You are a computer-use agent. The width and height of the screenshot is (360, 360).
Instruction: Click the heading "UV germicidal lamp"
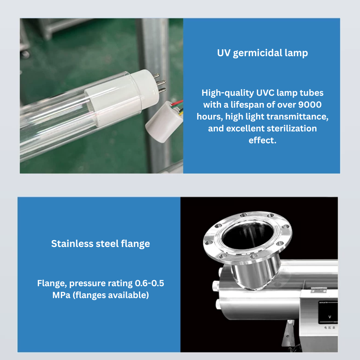[262, 53]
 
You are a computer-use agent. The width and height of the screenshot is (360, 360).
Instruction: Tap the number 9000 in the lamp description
[310, 105]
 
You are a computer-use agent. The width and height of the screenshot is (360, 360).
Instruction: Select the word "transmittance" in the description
[300, 117]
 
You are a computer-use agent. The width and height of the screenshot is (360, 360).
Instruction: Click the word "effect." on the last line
[262, 140]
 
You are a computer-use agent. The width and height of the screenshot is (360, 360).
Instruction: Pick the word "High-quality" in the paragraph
[228, 93]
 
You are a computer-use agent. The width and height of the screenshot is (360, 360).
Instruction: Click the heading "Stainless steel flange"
[100, 244]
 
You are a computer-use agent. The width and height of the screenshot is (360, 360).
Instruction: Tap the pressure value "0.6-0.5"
[149, 283]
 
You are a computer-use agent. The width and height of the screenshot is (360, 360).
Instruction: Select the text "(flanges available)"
[111, 295]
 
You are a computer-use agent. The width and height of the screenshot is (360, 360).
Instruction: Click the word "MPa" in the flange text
[61, 295]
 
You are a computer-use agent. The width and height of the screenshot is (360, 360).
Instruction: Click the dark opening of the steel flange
[248, 236]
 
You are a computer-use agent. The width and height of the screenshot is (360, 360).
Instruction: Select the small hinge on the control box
[319, 290]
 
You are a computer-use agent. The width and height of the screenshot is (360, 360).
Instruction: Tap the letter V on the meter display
[330, 317]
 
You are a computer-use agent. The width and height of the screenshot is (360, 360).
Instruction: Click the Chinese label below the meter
[330, 328]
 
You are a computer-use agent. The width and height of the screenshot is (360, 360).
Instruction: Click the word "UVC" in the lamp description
[265, 93]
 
